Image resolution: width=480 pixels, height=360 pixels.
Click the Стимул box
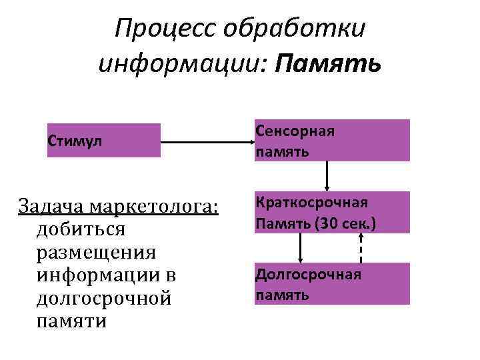[103, 140]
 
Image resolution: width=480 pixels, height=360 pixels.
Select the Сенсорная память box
[331, 140]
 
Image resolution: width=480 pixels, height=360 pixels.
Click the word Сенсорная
[294, 131]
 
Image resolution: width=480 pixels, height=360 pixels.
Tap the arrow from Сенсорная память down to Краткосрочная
[327, 176]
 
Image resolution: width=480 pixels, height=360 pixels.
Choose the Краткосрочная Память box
[331, 212]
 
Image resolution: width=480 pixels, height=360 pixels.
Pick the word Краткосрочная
[311, 203]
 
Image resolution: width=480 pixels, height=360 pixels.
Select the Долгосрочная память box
[331, 283]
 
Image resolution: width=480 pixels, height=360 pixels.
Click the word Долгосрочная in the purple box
[308, 275]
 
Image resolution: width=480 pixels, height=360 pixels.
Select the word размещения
[97, 252]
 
